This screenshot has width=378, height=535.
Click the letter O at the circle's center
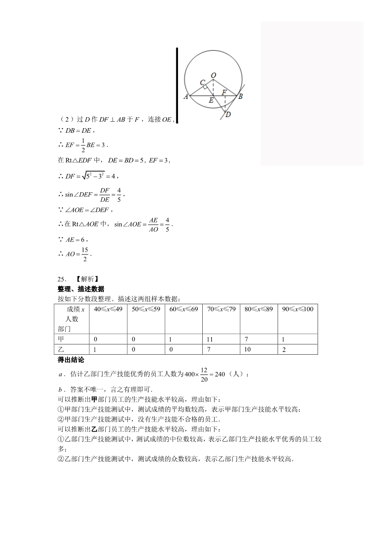point(214,75)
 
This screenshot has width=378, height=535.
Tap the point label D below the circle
point(228,114)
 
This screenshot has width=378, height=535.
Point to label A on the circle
point(186,97)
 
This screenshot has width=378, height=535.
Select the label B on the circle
point(241,96)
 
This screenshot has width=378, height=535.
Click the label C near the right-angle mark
point(202,83)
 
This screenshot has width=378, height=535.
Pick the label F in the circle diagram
point(224,92)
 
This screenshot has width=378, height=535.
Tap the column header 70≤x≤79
point(221,309)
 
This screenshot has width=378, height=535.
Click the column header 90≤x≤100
point(297,309)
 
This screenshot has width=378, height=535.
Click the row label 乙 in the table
point(61,350)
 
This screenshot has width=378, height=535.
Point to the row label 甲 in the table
point(61,340)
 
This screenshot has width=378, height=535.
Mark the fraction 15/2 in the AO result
point(85,254)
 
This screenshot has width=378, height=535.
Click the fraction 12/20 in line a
point(204,374)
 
